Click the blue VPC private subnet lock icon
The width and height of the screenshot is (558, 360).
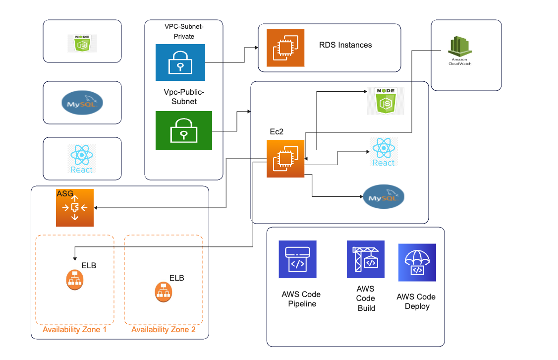tap(180, 62)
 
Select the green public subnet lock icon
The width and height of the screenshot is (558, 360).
tap(183, 130)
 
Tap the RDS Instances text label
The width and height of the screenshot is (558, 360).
tap(345, 45)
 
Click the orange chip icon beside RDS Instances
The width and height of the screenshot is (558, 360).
tap(285, 48)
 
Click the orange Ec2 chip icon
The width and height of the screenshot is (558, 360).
tap(285, 159)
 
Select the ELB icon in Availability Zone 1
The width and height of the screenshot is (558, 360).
tap(74, 280)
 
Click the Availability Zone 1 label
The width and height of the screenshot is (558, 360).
tap(75, 330)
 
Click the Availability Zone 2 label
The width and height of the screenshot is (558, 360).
tap(164, 330)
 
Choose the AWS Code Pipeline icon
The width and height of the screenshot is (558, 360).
tap(297, 259)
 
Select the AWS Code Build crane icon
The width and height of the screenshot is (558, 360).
tap(366, 259)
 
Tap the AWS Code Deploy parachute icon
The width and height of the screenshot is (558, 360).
tap(417, 262)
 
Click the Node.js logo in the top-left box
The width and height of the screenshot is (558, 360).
tap(82, 43)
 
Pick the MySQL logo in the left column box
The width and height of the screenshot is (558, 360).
tap(82, 103)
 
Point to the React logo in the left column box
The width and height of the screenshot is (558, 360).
tap(82, 159)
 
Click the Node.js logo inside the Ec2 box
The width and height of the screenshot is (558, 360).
tap(386, 101)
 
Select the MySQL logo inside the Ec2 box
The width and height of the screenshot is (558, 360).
tap(384, 197)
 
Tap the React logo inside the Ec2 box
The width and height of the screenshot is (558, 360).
tap(384, 152)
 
